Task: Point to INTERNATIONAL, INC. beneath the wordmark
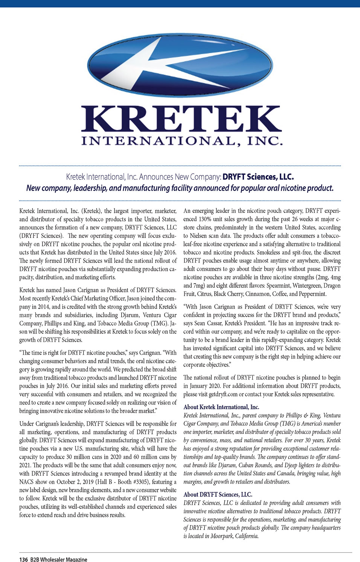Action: click(x=182, y=141)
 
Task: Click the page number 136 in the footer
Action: click(x=23, y=559)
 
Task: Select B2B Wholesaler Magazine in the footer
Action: click(x=59, y=559)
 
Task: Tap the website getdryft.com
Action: click(x=223, y=394)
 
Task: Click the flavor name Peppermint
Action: click(x=311, y=294)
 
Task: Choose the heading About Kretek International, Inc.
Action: click(x=221, y=407)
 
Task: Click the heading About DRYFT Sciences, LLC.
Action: click(x=218, y=495)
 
